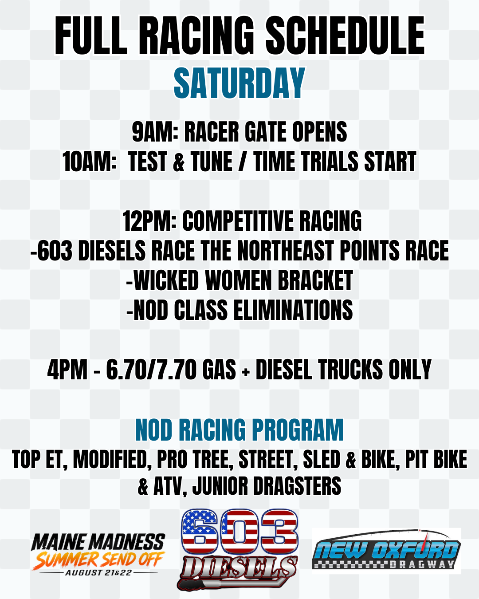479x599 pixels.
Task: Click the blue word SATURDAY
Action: click(239, 83)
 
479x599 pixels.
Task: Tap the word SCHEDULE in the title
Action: click(345, 35)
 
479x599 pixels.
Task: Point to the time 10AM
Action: click(89, 162)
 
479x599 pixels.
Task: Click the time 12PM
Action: click(149, 221)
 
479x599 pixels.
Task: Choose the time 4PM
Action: click(67, 369)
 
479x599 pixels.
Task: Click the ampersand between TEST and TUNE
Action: click(179, 162)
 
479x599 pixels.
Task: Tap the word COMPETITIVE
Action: click(238, 221)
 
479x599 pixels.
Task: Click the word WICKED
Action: click(166, 280)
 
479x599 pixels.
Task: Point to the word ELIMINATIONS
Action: click(293, 310)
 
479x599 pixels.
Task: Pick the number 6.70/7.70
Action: click(151, 369)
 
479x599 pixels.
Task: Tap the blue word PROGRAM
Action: click(298, 430)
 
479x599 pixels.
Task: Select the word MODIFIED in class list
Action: click(110, 460)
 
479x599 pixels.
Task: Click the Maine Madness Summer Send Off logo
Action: click(98, 555)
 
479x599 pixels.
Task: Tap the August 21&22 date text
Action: click(98, 572)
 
